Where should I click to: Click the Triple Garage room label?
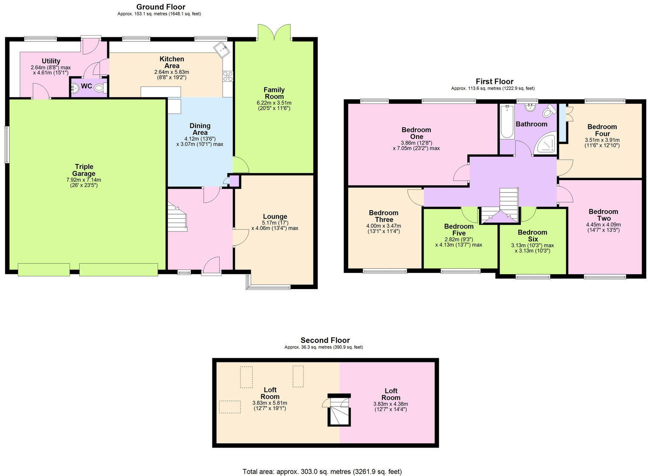[84, 170]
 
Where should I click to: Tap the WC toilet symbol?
[100, 88]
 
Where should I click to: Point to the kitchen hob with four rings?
[228, 76]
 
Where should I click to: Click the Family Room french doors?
[274, 33]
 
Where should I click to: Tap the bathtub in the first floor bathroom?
[507, 122]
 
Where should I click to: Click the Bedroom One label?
[416, 133]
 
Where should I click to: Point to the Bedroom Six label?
[532, 236]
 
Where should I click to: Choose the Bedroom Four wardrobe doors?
[568, 111]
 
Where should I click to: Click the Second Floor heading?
[325, 340]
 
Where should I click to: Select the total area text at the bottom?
[322, 471]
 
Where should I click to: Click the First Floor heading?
[494, 81]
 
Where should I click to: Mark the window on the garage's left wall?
[7, 145]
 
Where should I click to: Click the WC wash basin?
[75, 88]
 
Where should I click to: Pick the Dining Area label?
[200, 129]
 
